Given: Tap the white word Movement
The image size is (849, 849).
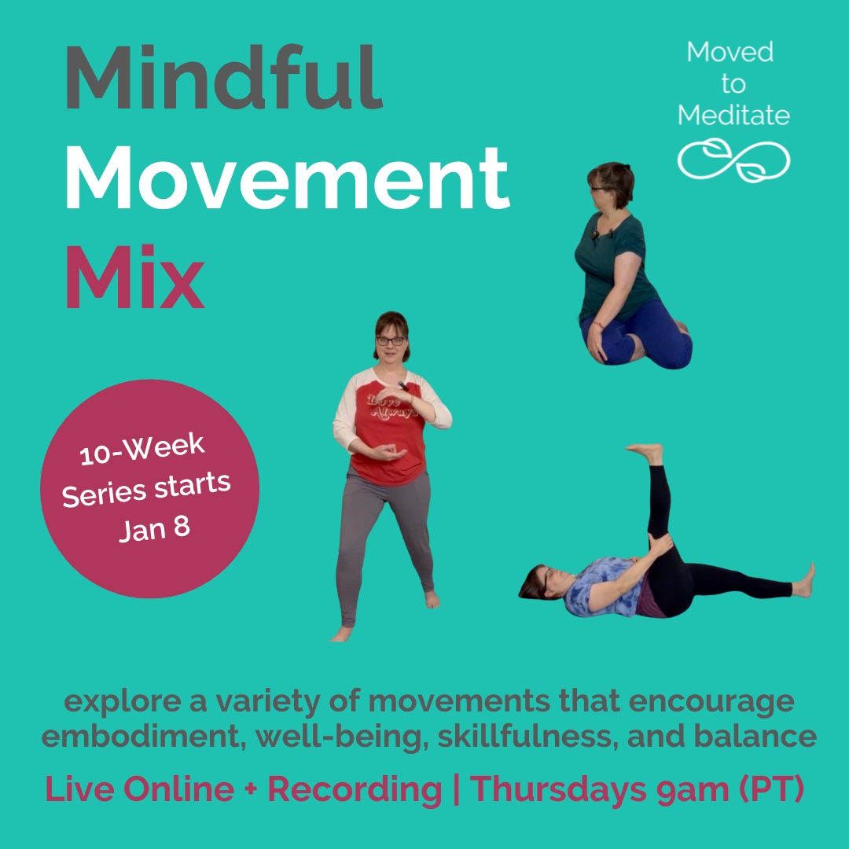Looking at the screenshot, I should pyautogui.click(x=287, y=178).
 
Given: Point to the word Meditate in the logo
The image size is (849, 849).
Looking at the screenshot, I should pyautogui.click(x=733, y=116).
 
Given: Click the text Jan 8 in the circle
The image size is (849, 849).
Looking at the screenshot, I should pyautogui.click(x=155, y=528).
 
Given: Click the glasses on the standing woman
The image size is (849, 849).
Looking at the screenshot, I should pyautogui.click(x=391, y=340).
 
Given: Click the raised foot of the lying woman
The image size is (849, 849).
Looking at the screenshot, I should pyautogui.click(x=646, y=452).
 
